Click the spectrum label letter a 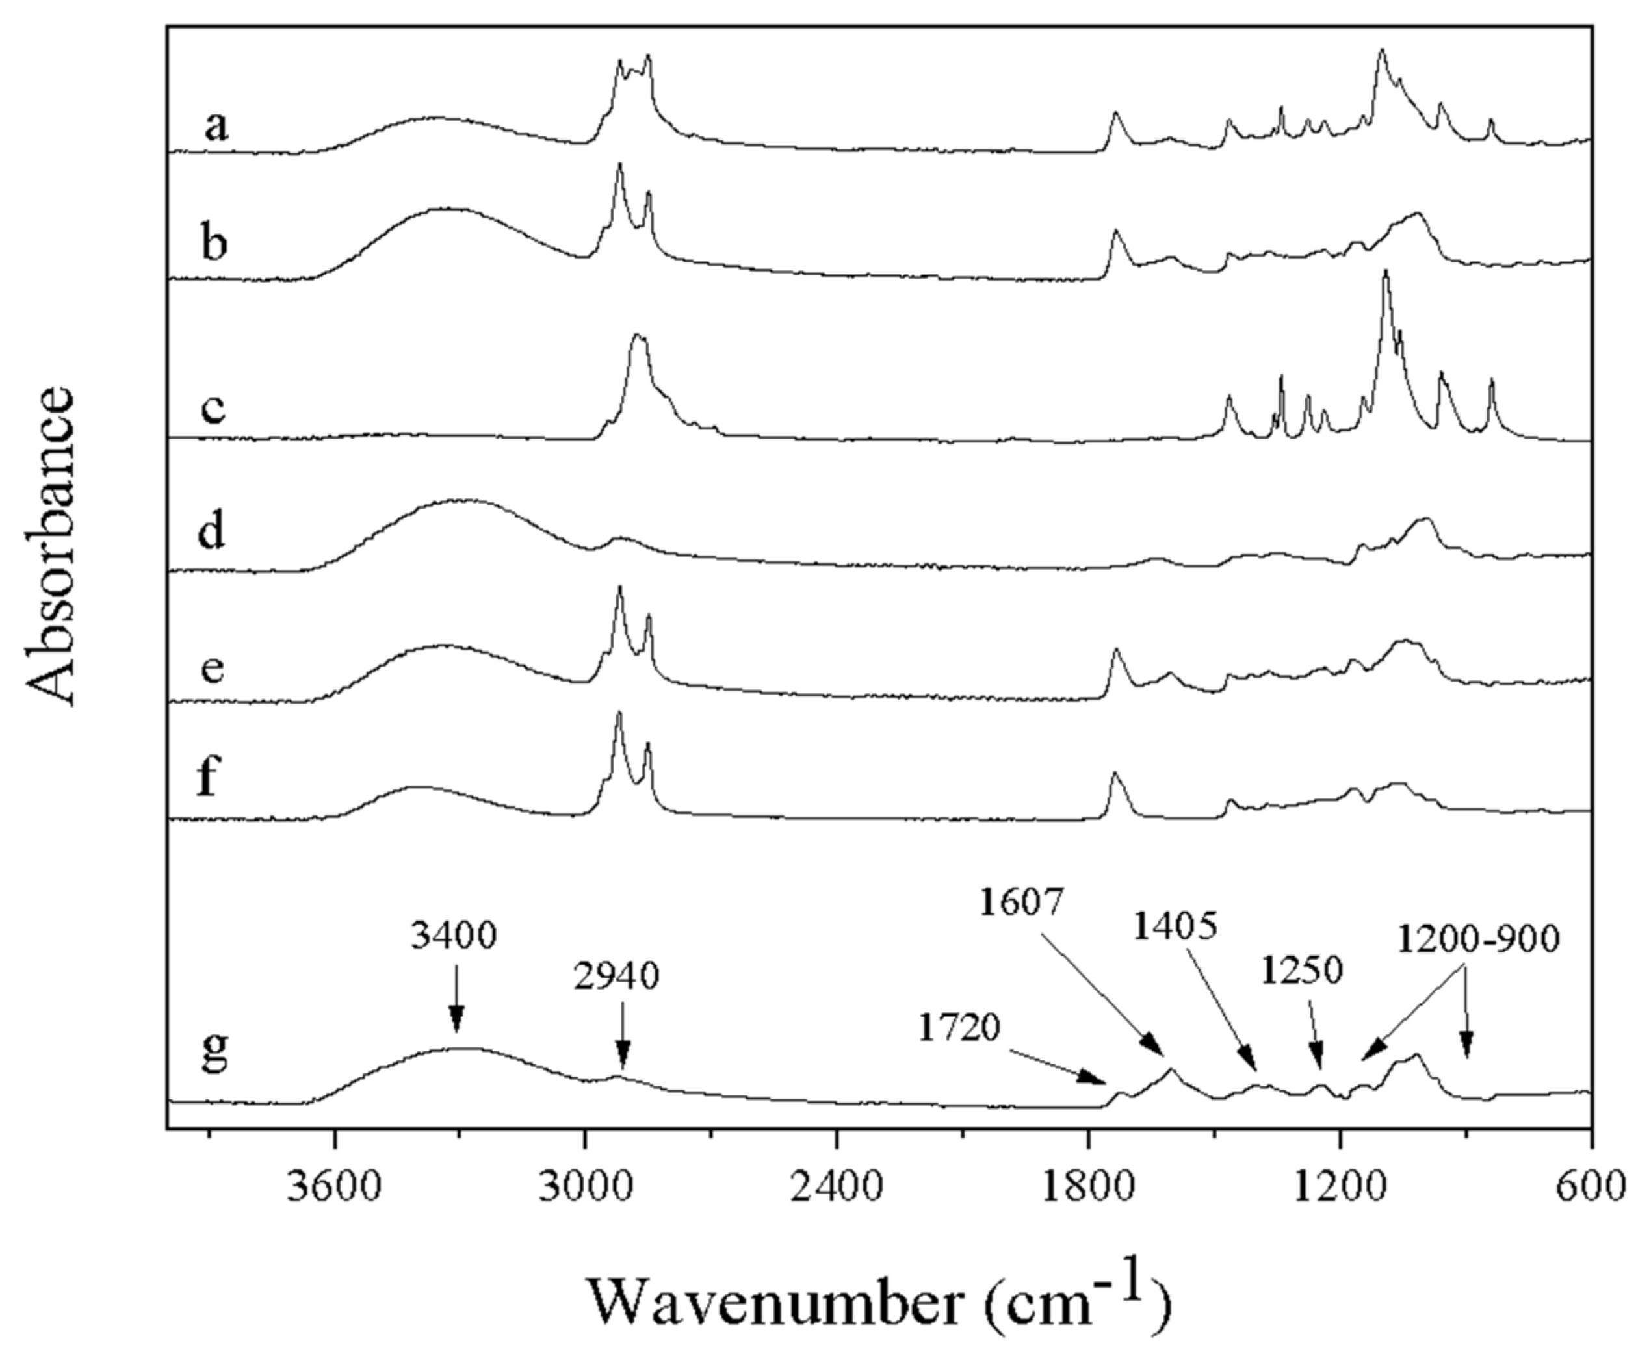216,125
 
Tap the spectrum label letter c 213,409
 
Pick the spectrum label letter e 213,669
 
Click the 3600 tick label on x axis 334,1186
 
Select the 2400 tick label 836,1186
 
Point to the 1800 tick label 1087,1186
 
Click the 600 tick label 1590,1186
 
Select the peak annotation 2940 616,977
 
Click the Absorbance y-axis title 51,546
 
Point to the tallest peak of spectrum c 1386,272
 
